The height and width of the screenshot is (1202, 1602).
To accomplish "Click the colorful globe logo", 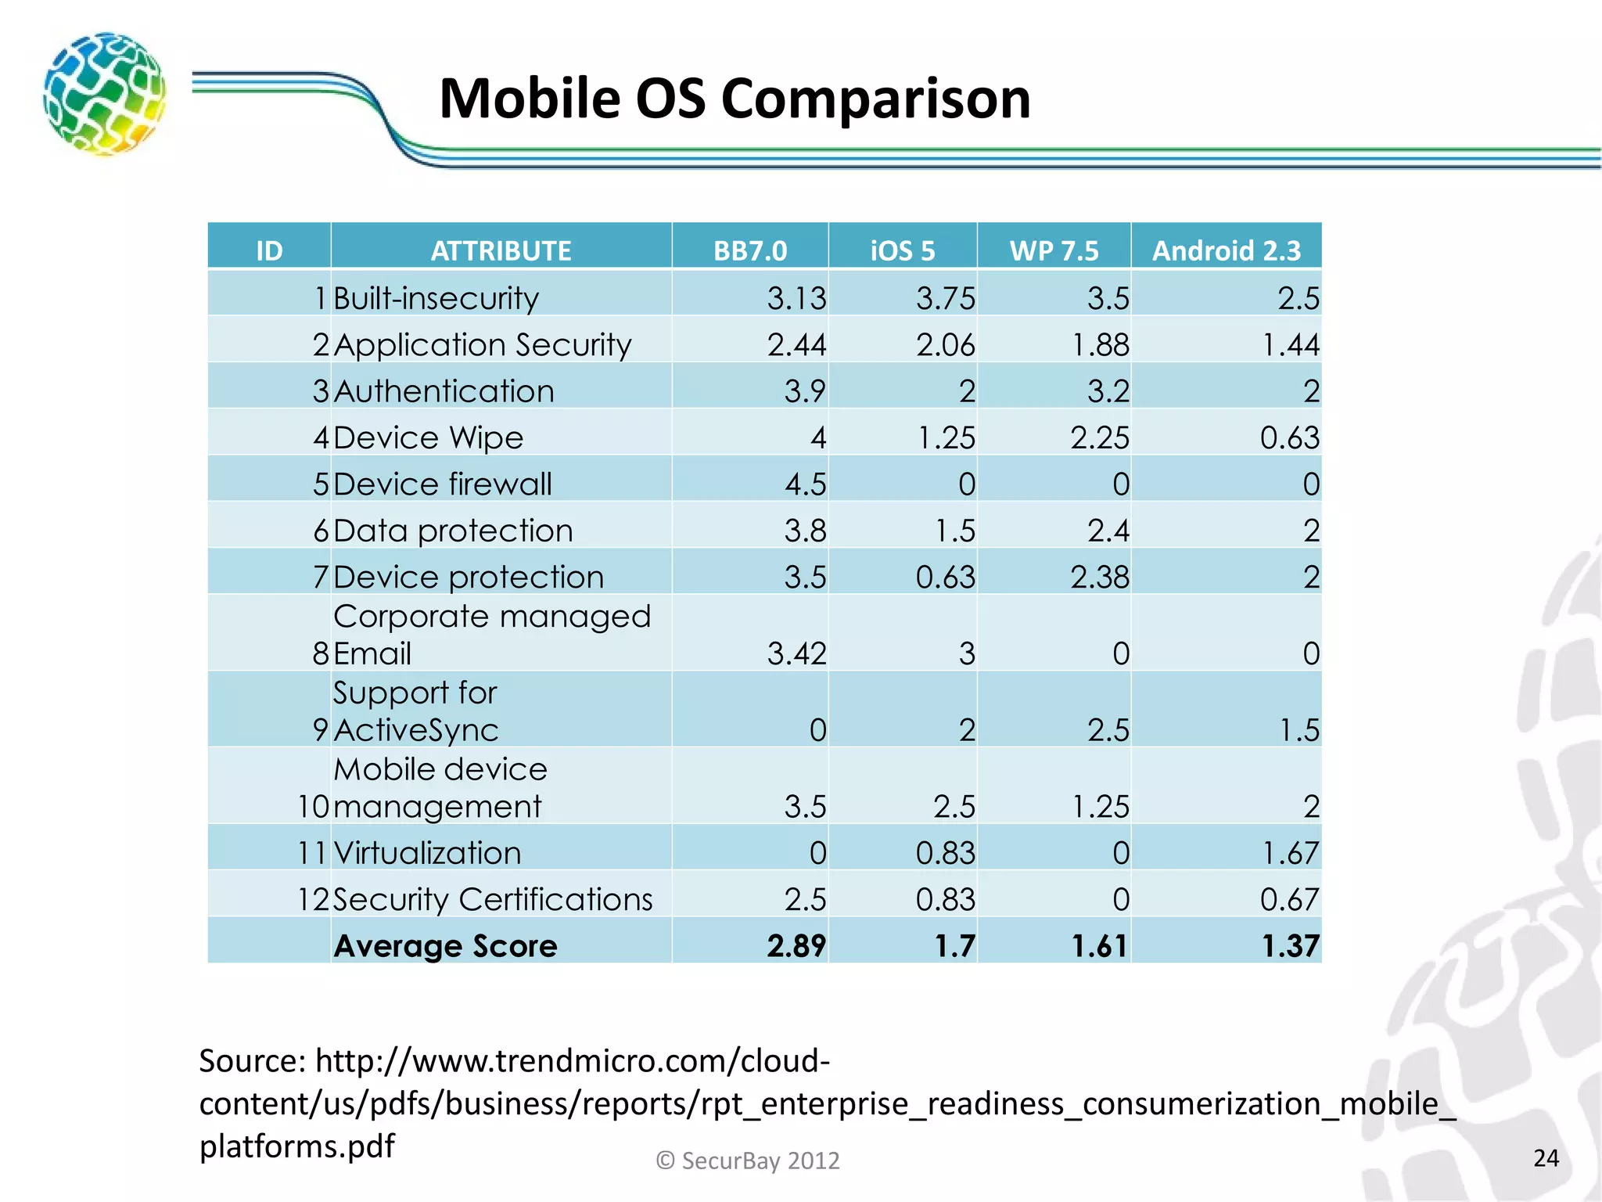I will (x=104, y=93).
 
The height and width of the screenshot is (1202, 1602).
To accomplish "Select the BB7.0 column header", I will (x=749, y=250).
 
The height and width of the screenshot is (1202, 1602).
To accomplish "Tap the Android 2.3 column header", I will (x=1226, y=250).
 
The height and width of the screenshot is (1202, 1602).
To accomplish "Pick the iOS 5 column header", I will (x=902, y=250).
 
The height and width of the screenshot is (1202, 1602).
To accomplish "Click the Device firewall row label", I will (x=443, y=484).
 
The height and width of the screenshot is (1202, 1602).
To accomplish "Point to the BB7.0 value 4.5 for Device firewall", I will (x=805, y=484).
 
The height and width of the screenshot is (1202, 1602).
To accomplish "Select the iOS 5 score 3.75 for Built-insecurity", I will (x=945, y=298).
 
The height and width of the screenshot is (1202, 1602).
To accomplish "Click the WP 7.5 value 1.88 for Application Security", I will (x=1099, y=344).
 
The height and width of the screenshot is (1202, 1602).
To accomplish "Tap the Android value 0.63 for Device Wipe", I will (x=1289, y=437).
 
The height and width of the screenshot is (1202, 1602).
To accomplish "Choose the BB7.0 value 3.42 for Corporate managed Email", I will (x=796, y=653).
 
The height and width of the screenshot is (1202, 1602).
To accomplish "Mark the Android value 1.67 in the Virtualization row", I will (x=1290, y=852).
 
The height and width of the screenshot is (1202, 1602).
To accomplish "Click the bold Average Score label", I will (x=445, y=945).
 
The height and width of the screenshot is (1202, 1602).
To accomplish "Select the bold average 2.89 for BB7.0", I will (x=796, y=945).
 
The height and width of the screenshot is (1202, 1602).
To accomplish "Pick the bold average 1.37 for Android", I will (x=1290, y=945).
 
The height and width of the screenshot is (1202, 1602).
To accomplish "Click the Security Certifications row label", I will (x=493, y=899).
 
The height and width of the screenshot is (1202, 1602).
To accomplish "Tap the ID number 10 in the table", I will (x=313, y=806).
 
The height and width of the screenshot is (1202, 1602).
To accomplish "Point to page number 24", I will (x=1546, y=1157).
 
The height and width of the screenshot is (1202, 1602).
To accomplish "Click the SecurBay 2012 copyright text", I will (x=748, y=1160).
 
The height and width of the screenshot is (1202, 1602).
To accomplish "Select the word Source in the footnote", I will (x=251, y=1061).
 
